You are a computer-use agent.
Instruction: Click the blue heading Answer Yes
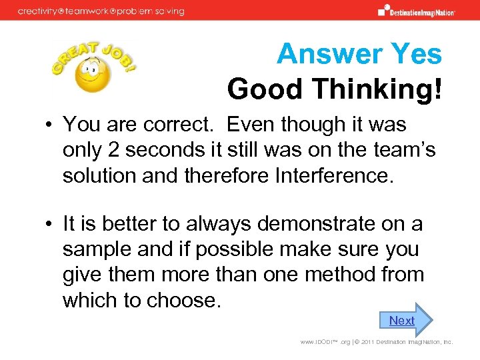pos(359,53)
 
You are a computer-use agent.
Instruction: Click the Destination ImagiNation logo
pos(417,11)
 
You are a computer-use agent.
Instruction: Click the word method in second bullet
pos(351,274)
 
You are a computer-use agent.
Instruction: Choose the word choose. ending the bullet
pos(185,299)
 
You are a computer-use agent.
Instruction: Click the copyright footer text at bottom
pos(377,342)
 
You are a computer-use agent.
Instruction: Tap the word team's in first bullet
pos(399,150)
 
